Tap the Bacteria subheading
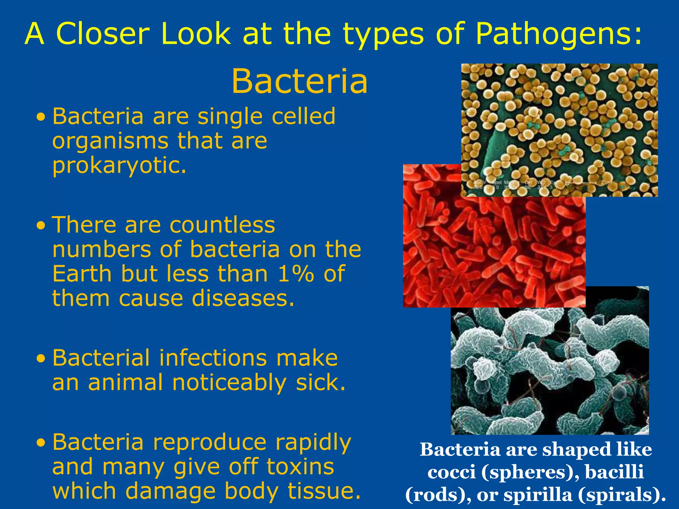pyautogui.click(x=299, y=82)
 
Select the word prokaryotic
pyautogui.click(x=119, y=165)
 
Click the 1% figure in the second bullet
pyautogui.click(x=296, y=274)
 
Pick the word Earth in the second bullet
pyautogui.click(x=82, y=274)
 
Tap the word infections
pyautogui.click(x=213, y=358)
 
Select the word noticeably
pyautogui.click(x=229, y=383)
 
